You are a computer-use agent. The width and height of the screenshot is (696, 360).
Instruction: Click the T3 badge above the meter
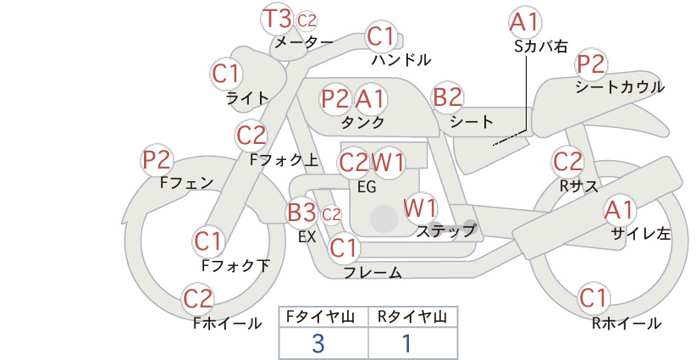tap(278, 19)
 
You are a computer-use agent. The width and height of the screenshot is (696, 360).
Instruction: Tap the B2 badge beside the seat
tap(448, 97)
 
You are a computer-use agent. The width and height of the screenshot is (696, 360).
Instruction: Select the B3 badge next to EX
tap(301, 213)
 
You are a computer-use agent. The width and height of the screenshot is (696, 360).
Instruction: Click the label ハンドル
tap(401, 59)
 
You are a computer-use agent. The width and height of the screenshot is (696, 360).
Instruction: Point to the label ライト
tap(247, 98)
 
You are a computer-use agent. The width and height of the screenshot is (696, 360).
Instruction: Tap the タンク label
tap(362, 122)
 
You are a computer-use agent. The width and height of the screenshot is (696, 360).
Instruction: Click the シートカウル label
tap(620, 87)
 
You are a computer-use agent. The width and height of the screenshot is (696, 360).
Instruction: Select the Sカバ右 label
tap(541, 47)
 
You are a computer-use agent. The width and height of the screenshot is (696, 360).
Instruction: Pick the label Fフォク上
tap(284, 160)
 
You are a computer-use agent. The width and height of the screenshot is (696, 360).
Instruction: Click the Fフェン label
tap(187, 182)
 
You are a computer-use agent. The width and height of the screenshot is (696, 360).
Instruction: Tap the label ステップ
tap(445, 231)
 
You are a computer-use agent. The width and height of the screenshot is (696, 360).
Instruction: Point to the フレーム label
tap(373, 273)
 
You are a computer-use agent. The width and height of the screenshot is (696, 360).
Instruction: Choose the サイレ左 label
tap(641, 234)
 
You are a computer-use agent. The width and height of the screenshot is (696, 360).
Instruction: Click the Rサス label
tap(579, 186)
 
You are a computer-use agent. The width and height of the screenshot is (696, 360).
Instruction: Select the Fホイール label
tap(227, 324)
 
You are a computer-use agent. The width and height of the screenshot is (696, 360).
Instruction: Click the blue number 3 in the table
tap(318, 344)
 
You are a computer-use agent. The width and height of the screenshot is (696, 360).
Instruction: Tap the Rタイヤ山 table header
tap(412, 317)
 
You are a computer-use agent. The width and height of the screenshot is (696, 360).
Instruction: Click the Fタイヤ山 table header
tap(320, 317)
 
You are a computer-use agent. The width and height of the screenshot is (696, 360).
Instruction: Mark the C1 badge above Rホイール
tap(593, 298)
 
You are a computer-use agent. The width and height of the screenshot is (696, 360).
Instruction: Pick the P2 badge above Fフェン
tap(157, 160)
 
